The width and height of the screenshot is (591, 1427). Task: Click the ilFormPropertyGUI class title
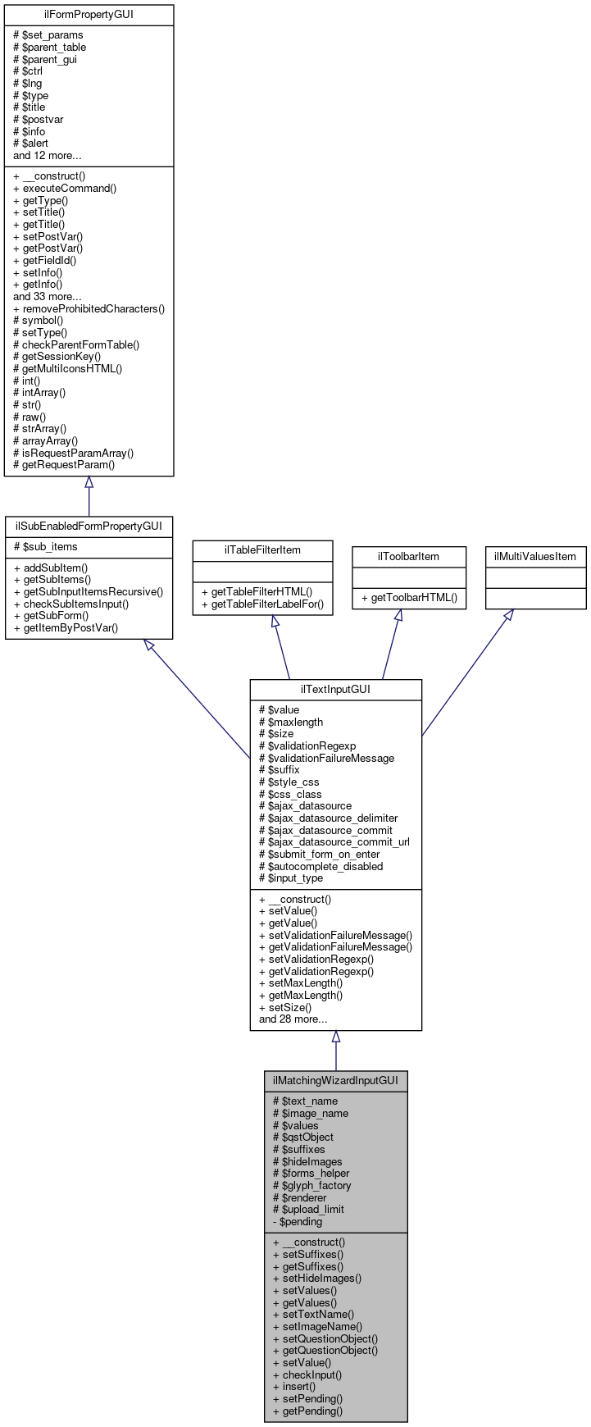[x=89, y=15]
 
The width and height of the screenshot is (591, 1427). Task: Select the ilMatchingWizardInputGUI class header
[x=335, y=1081]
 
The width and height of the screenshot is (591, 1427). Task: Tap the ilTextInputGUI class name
[x=335, y=689]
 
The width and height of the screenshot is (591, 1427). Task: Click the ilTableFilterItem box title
[x=262, y=549]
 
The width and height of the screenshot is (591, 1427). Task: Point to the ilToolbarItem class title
[x=408, y=556]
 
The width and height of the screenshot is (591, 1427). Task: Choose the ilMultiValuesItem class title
[x=535, y=556]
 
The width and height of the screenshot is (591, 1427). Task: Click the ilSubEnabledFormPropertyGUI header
[x=89, y=526]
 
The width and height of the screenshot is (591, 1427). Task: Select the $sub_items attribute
[x=45, y=547]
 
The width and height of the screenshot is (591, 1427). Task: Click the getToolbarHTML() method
[x=408, y=598]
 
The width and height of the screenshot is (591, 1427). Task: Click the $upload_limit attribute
[x=308, y=1209]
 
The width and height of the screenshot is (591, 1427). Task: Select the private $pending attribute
[x=298, y=1221]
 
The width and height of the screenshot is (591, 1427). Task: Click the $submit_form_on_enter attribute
[x=319, y=854]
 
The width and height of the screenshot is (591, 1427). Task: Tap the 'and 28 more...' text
[x=293, y=1019]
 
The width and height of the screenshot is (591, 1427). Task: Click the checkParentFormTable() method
[x=76, y=345]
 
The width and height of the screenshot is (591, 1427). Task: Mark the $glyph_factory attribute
[x=311, y=1185]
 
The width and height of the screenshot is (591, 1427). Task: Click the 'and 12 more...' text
[x=47, y=155]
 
